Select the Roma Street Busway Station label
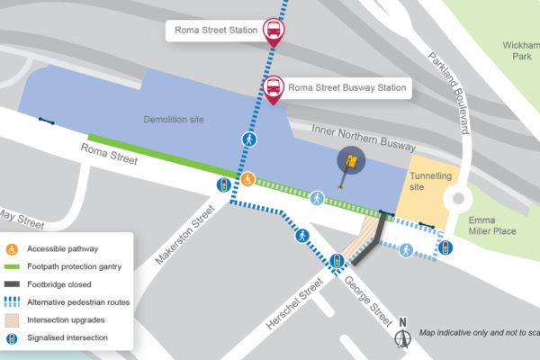346,89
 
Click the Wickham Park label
521,49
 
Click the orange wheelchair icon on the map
249,180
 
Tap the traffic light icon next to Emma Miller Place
445,247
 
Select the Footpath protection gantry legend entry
73,266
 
